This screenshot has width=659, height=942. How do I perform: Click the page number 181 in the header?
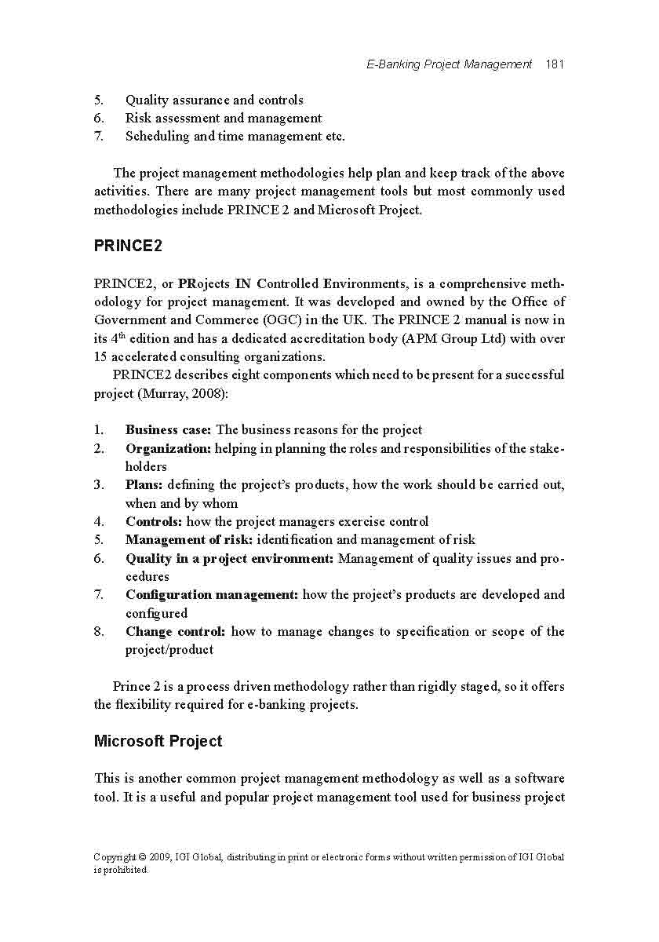tap(555, 64)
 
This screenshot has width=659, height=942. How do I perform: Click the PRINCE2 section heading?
tap(128, 246)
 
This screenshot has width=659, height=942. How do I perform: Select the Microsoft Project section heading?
tap(158, 741)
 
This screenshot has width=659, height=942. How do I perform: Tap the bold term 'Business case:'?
tap(168, 429)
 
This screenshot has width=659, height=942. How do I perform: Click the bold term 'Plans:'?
tap(144, 484)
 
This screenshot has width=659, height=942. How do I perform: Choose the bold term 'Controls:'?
tap(154, 521)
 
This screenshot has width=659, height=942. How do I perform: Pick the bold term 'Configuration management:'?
tap(212, 594)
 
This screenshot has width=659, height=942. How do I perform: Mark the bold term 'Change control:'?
tap(176, 631)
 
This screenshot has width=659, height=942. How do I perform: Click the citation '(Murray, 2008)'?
tap(183, 393)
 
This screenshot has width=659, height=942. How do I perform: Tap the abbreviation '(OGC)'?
tap(283, 319)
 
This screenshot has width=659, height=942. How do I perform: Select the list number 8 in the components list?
tap(99, 631)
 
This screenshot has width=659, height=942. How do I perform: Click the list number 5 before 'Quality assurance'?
tap(99, 100)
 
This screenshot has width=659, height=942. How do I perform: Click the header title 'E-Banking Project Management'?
tap(449, 64)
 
